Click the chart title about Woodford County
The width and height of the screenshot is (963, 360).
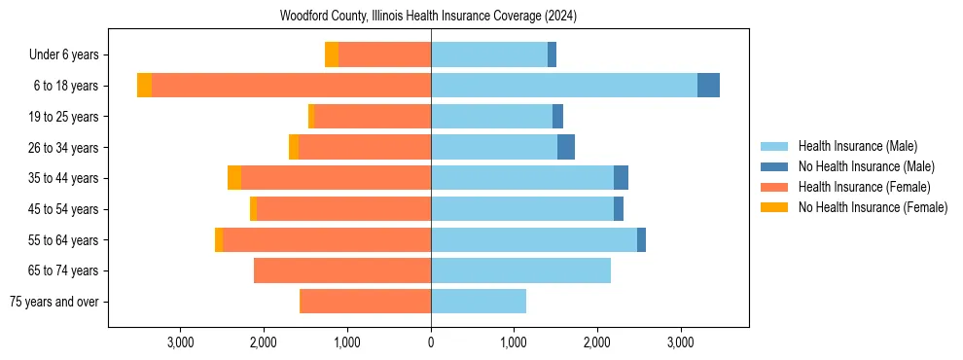[x=428, y=16]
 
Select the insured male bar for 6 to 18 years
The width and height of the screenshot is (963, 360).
[x=564, y=86]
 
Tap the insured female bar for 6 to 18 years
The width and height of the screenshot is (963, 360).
[x=291, y=86]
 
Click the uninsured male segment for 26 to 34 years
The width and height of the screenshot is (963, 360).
[x=566, y=147]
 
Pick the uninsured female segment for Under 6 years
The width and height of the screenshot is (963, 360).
[x=332, y=54]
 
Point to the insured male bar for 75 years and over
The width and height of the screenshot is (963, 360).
[x=479, y=302]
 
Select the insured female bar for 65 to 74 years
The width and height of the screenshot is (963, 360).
[x=342, y=270]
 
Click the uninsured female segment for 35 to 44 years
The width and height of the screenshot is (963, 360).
[x=234, y=178]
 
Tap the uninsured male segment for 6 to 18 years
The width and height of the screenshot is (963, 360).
[x=708, y=86]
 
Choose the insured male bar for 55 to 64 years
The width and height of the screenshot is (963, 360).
[x=534, y=239]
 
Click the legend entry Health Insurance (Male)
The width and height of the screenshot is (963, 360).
[x=857, y=146]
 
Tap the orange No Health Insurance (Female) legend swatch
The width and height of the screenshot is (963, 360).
[x=774, y=207]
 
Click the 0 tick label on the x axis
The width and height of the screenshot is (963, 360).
[x=431, y=342]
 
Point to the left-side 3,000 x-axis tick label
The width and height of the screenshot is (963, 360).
[x=181, y=342]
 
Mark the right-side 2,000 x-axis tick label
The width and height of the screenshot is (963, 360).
[x=597, y=342]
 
